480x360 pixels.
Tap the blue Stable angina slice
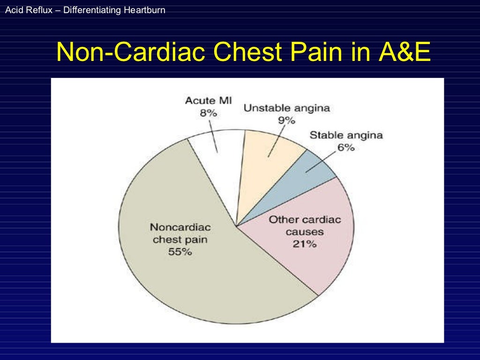pyautogui.click(x=300, y=178)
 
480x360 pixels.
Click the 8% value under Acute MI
pyautogui.click(x=209, y=113)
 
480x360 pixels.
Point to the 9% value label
pyautogui.click(x=286, y=120)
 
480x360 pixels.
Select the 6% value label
pyautogui.click(x=346, y=148)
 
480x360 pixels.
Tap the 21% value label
pyautogui.click(x=305, y=244)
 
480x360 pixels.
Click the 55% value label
pyautogui.click(x=180, y=251)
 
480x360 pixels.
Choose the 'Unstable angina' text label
pyautogui.click(x=286, y=108)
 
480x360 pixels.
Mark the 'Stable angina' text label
pyautogui.click(x=346, y=135)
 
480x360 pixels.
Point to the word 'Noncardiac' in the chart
pyautogui.click(x=180, y=227)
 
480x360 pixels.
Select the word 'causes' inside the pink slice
pyautogui.click(x=305, y=232)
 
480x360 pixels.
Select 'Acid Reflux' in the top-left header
pyautogui.click(x=24, y=9)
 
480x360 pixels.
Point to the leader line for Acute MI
pyautogui.click(x=214, y=136)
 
